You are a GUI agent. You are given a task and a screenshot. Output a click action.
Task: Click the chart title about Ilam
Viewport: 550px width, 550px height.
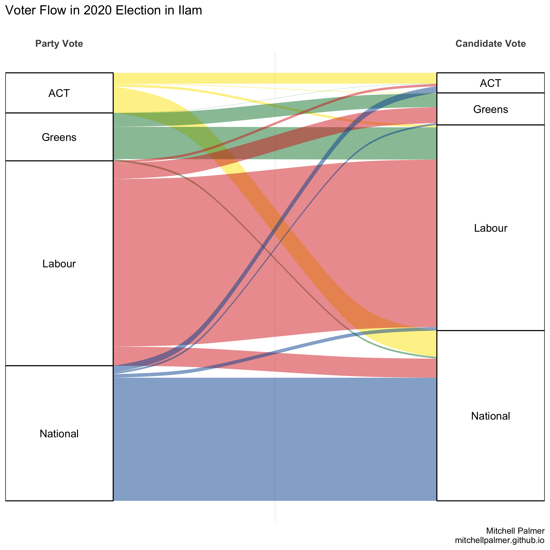tap(104, 10)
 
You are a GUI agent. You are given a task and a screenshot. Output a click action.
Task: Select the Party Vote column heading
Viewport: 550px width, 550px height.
tap(59, 44)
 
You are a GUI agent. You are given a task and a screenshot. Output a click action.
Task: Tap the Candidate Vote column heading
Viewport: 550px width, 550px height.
tap(490, 44)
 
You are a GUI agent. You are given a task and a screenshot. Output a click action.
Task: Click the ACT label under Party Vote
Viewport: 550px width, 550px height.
tap(59, 93)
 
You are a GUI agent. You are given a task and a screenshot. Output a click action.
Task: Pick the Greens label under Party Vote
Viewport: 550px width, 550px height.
tap(59, 137)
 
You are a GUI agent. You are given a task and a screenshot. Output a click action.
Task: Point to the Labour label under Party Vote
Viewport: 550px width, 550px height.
tap(59, 264)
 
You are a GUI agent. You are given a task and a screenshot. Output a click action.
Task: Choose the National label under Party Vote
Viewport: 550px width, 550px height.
tap(59, 434)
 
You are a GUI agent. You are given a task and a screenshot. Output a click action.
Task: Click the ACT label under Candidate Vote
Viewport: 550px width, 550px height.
tap(490, 83)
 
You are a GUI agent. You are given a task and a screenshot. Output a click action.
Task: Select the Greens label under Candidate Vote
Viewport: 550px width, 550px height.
tap(490, 109)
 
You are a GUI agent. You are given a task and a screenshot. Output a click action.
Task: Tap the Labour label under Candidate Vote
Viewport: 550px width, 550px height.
tap(490, 228)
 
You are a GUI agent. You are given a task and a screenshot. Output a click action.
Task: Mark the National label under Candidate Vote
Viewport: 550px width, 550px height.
tap(490, 416)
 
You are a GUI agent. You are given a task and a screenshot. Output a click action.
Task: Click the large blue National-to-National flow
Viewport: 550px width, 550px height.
tap(275, 438)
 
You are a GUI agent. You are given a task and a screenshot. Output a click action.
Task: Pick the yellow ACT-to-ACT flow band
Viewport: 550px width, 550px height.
tap(275, 78)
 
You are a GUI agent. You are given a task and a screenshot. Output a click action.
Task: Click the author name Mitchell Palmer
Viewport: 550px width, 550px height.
tap(515, 531)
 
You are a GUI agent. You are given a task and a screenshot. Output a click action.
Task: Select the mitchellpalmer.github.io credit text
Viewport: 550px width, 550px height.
tap(500, 540)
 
